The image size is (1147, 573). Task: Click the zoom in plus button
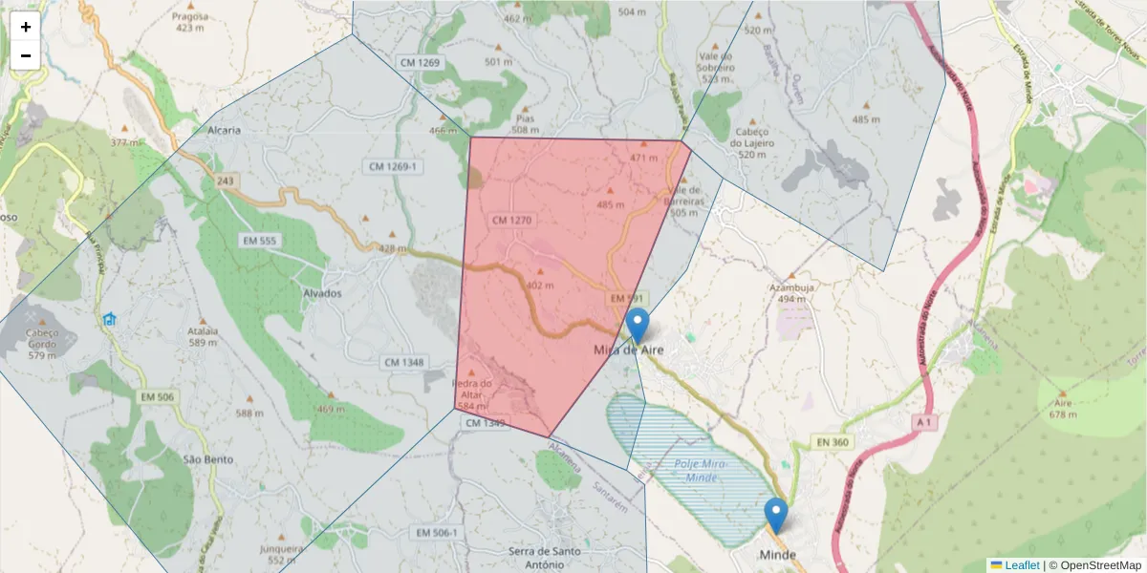pyautogui.click(x=26, y=27)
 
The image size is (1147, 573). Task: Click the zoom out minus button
pyautogui.click(x=26, y=55)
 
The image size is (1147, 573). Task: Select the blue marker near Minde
pyautogui.click(x=776, y=516)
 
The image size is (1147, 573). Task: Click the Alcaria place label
pyautogui.click(x=224, y=130)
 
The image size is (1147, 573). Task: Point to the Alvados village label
pyautogui.click(x=321, y=293)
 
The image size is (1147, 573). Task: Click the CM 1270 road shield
pyautogui.click(x=510, y=221)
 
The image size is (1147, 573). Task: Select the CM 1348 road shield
pyautogui.click(x=405, y=363)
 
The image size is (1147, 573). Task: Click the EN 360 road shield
pyautogui.click(x=833, y=442)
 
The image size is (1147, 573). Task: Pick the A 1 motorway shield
pyautogui.click(x=922, y=421)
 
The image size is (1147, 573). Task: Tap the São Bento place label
pyautogui.click(x=208, y=458)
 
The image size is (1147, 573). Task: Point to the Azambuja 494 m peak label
pyautogui.click(x=791, y=292)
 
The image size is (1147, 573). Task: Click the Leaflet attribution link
pyautogui.click(x=1022, y=565)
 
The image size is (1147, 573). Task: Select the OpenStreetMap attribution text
pyautogui.click(x=1094, y=565)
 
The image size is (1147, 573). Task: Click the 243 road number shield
pyautogui.click(x=226, y=180)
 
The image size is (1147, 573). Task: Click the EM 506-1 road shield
pyautogui.click(x=435, y=532)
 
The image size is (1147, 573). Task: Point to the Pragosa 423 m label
pyautogui.click(x=190, y=22)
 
